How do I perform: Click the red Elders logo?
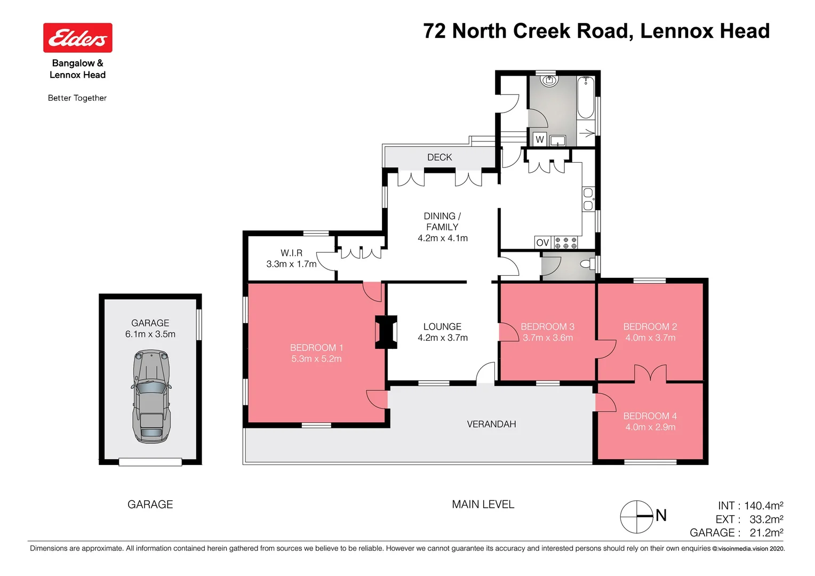point(78,38)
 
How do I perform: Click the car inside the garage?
point(151,396)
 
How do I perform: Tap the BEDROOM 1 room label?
point(316,348)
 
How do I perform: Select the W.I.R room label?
point(291,253)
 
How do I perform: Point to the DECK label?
point(440,157)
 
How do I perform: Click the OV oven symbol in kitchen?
point(542,243)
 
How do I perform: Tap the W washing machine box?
point(540,140)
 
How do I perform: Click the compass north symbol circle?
point(637,516)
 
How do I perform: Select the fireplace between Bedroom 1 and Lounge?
point(386,332)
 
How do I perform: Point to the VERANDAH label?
point(491,425)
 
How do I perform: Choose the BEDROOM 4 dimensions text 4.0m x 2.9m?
point(650,427)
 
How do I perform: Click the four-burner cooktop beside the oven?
point(566,243)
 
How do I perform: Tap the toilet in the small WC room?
point(587,264)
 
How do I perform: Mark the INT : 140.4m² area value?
point(750,506)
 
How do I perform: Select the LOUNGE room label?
point(442,327)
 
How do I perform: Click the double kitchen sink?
point(588,199)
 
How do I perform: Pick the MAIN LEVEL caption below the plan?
point(483,505)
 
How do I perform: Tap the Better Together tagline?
point(77,98)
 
